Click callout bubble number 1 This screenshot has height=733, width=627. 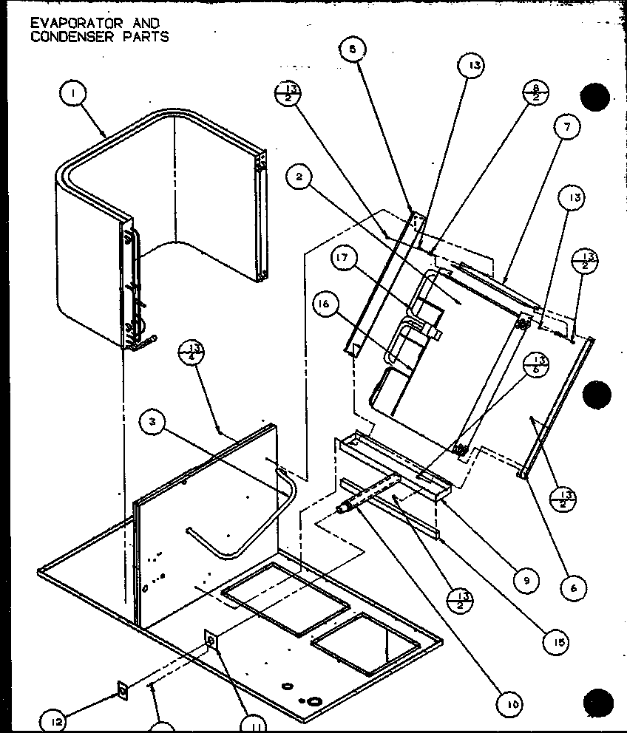(x=74, y=95)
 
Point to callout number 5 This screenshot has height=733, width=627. (x=352, y=51)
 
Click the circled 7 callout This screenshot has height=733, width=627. (x=566, y=127)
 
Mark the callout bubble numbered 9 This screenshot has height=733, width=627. (x=526, y=581)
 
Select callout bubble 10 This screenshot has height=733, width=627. (x=512, y=705)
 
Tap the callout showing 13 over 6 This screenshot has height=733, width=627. (x=537, y=365)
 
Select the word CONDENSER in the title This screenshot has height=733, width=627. (x=64, y=37)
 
